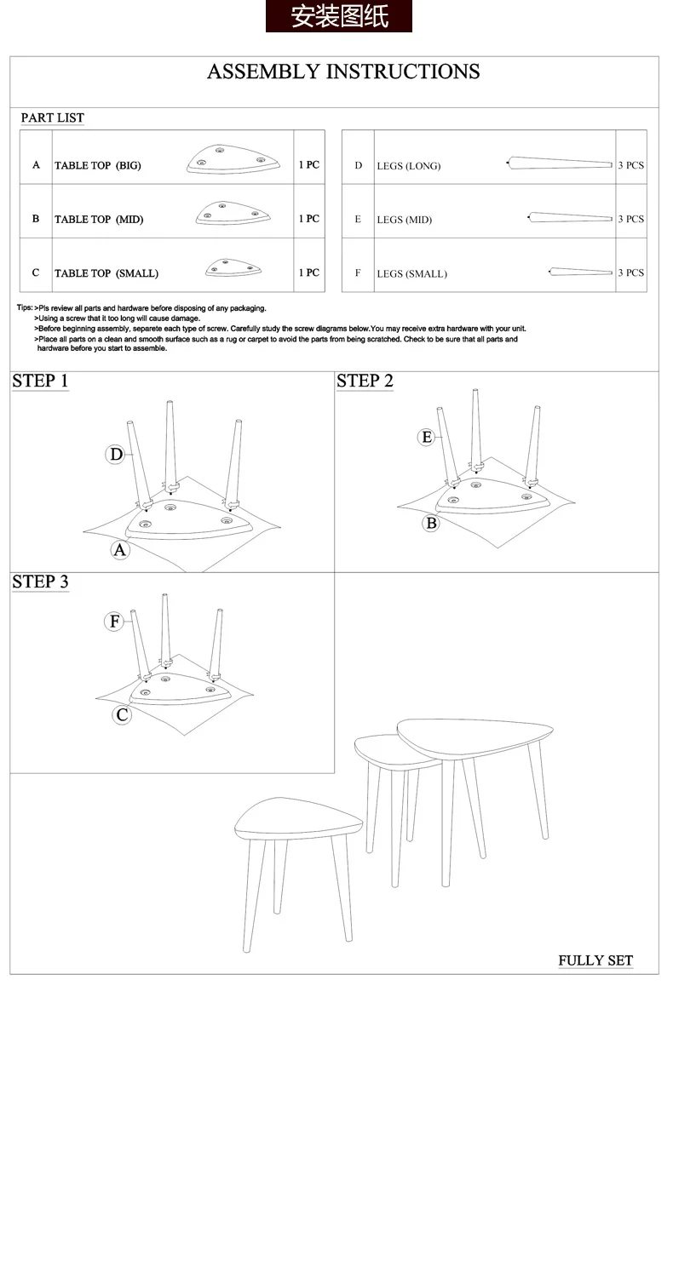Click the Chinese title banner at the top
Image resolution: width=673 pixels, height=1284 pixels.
[338, 16]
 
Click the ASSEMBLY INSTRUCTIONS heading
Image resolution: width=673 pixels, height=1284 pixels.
[343, 72]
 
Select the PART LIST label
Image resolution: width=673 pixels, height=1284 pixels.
[52, 118]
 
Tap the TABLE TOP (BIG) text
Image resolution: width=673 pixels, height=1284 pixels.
[97, 165]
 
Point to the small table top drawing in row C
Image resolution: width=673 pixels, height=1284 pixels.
[233, 267]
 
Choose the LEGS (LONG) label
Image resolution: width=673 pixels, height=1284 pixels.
[409, 166]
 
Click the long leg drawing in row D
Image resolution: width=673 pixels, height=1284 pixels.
[560, 163]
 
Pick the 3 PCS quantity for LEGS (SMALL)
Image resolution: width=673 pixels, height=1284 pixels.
[631, 272]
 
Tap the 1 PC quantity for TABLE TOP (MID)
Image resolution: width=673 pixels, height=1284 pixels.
[308, 218]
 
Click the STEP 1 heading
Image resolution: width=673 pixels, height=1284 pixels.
[40, 381]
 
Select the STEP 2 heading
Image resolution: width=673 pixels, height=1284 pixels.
[365, 381]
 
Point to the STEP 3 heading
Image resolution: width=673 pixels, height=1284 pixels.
[40, 582]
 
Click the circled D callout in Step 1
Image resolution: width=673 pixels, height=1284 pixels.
[116, 455]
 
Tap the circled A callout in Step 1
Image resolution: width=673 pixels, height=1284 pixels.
[119, 550]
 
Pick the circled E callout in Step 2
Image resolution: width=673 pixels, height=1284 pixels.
[426, 438]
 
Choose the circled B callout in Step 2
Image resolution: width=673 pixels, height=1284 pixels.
[431, 524]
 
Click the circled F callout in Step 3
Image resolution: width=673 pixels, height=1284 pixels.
[114, 622]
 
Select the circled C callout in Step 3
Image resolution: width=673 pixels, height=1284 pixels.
[122, 715]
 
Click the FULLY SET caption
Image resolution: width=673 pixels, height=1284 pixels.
[595, 960]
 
